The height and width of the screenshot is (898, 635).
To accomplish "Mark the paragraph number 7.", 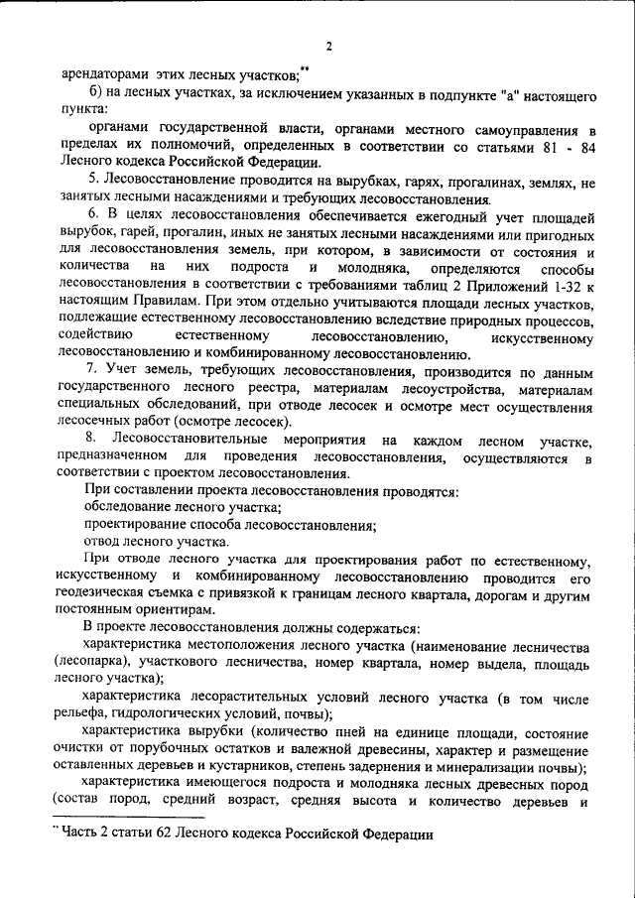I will (91, 371).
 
